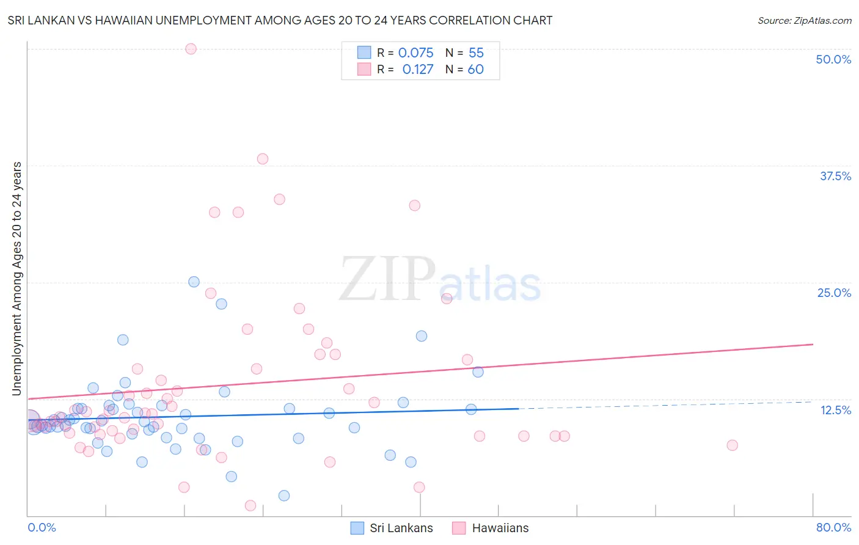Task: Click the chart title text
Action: (x=280, y=20)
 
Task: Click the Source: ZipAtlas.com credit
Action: (x=804, y=20)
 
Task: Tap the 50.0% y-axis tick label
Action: (x=833, y=59)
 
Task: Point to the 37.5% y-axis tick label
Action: (x=835, y=176)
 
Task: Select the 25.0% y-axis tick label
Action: (x=834, y=293)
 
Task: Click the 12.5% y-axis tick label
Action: (x=835, y=410)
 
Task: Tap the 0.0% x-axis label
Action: (x=42, y=527)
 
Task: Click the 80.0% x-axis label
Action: (x=833, y=527)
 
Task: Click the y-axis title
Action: (x=16, y=279)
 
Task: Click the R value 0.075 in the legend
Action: (x=415, y=53)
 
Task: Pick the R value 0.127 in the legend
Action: (x=418, y=70)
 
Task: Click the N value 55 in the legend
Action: (x=476, y=53)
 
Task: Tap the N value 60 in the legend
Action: (x=475, y=70)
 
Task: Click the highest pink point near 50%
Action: (x=191, y=49)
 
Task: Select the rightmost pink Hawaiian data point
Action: (x=732, y=445)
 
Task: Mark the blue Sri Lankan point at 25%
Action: (x=194, y=282)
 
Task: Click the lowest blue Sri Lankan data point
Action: (x=283, y=496)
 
